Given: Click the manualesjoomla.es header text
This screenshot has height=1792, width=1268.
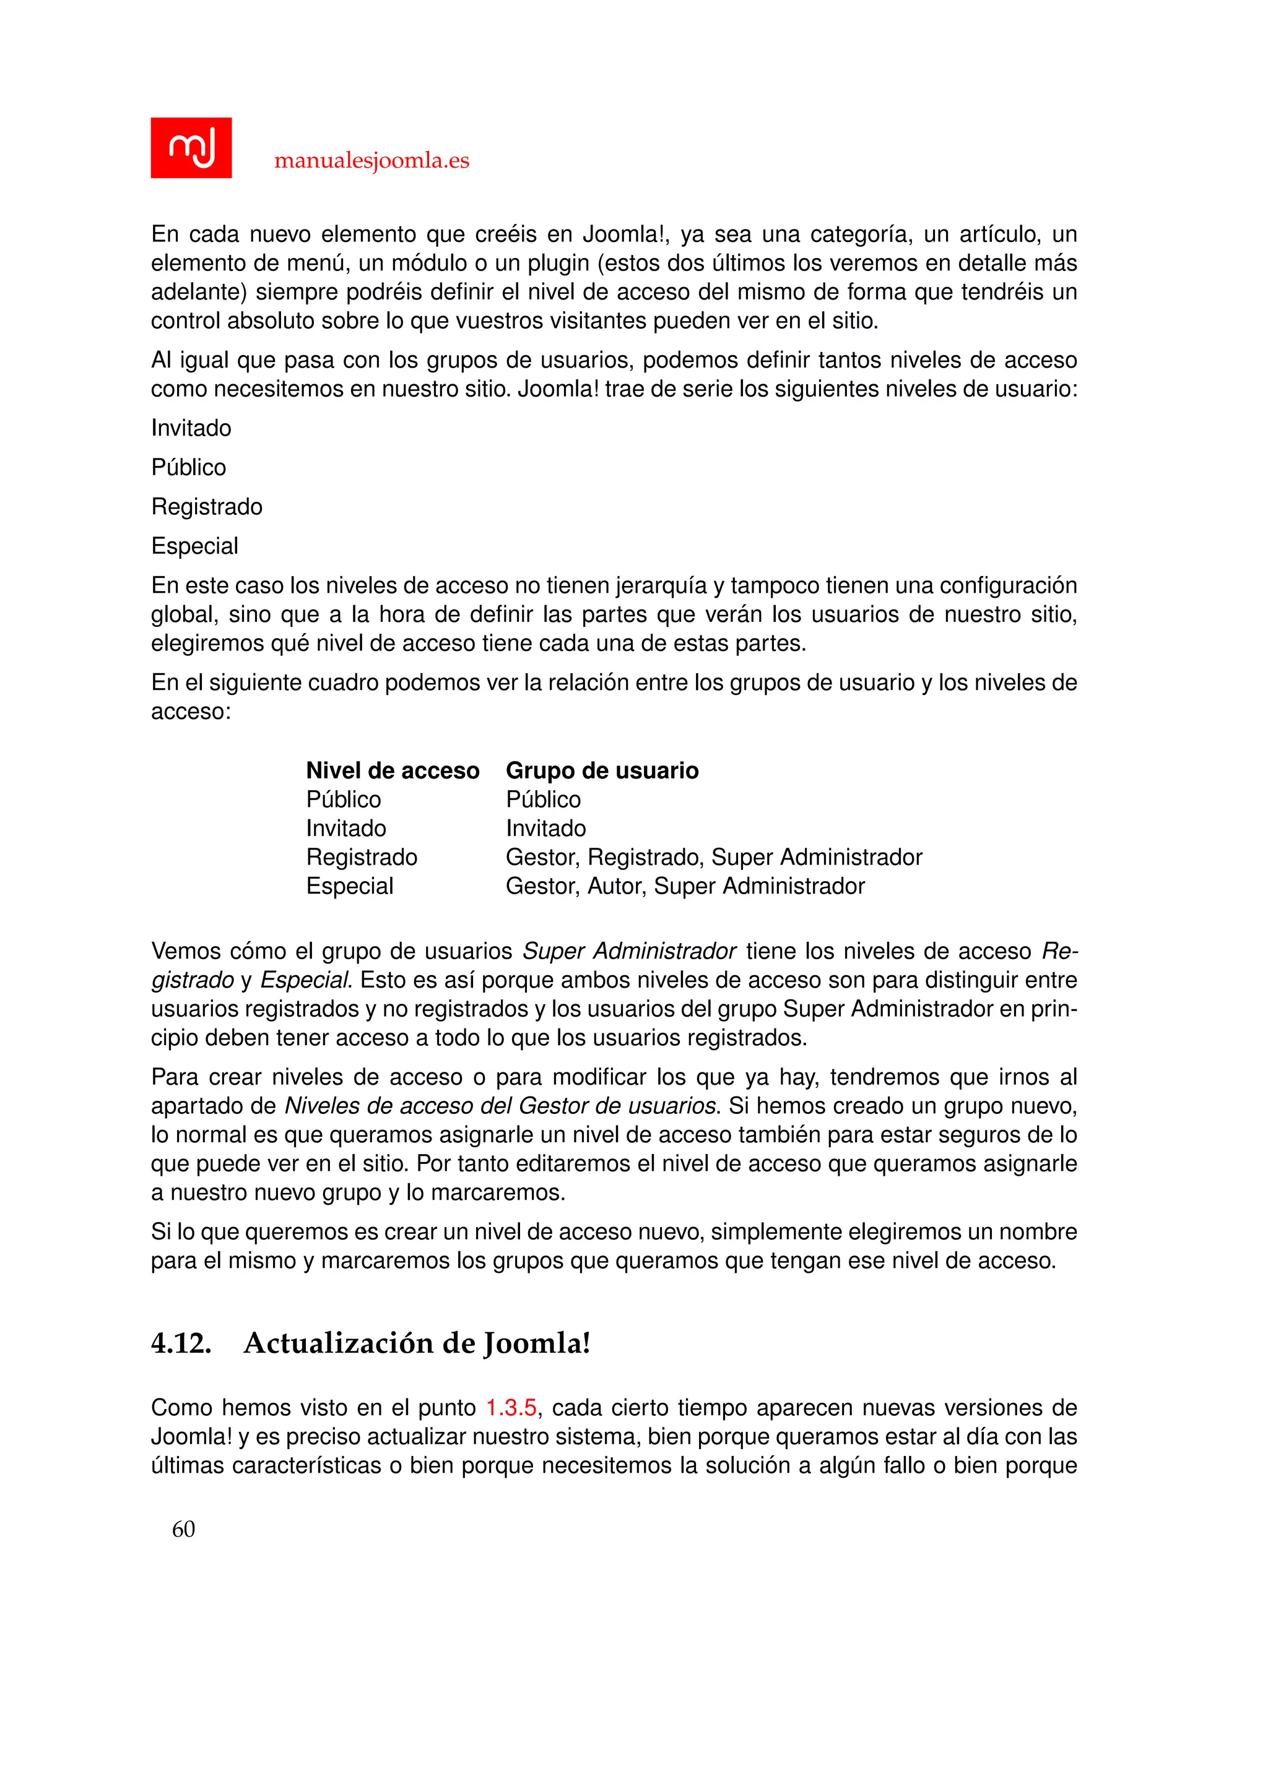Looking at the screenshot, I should pos(371,161).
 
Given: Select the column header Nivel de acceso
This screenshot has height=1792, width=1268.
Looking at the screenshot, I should pos(392,770).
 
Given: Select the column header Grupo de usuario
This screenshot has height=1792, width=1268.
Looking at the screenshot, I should pos(602,770).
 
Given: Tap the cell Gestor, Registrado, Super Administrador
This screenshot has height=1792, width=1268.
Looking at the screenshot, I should pos(714,857).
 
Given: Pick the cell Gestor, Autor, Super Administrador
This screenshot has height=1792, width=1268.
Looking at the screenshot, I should pos(685,886).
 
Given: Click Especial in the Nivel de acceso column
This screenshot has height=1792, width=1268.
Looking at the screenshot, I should pos(349,886).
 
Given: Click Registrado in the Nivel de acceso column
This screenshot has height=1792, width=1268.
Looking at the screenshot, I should pos(362,857).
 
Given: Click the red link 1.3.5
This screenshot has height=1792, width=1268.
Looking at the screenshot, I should pos(511,1407).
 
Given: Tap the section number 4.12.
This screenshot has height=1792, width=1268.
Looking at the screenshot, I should pos(181,1343).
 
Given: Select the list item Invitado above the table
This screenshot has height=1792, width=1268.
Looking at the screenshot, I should pos(191,428).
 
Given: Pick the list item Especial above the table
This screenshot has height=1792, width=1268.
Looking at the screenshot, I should pos(194,546).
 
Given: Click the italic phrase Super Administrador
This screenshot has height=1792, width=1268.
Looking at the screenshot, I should pos(628,952).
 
